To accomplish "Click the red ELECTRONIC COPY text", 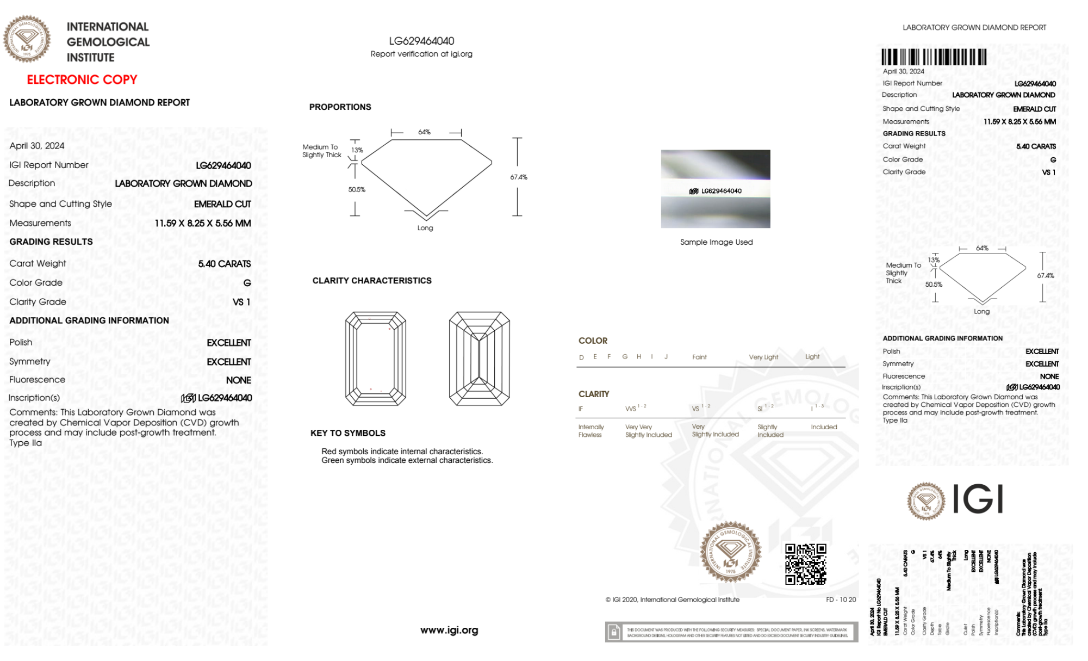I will pyautogui.click(x=82, y=79).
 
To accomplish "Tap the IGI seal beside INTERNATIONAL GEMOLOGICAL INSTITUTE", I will pyautogui.click(x=27, y=39).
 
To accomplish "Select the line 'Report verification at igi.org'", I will pyautogui.click(x=421, y=54).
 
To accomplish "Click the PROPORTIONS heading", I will pyautogui.click(x=340, y=107).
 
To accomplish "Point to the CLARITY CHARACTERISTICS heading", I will pyautogui.click(x=372, y=281).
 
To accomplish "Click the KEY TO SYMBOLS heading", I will pyautogui.click(x=348, y=433).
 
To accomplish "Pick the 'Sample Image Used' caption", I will pyautogui.click(x=716, y=242).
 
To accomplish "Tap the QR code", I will pyautogui.click(x=805, y=564).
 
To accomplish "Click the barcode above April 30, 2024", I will pyautogui.click(x=934, y=57).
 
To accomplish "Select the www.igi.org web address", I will pyautogui.click(x=449, y=630).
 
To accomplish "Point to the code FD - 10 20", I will pyautogui.click(x=841, y=600).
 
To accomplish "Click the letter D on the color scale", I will pyautogui.click(x=581, y=357).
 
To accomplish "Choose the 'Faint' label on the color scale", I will pyautogui.click(x=699, y=357).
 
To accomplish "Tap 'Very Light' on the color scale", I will pyautogui.click(x=763, y=357).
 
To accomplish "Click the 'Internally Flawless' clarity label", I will pyautogui.click(x=590, y=431).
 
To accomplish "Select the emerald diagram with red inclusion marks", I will pyautogui.click(x=376, y=359).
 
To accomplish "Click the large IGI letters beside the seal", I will pyautogui.click(x=978, y=499).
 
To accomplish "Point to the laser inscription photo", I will pyautogui.click(x=716, y=189).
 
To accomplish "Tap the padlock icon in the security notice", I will pyautogui.click(x=614, y=632).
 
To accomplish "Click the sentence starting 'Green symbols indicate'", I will pyautogui.click(x=407, y=460).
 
